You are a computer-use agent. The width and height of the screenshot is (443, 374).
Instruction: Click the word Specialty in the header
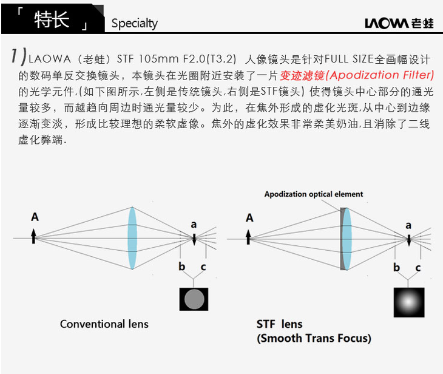[x=134, y=24]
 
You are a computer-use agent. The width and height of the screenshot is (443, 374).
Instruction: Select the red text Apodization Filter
[x=382, y=75]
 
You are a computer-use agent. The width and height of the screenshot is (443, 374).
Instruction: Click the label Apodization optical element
[x=314, y=194]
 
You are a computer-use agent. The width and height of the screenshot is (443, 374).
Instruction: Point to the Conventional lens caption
[x=104, y=324]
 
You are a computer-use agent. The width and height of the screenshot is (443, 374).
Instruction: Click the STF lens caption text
[x=279, y=324]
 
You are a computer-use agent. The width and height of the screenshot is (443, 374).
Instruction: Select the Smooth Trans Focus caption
[x=314, y=338]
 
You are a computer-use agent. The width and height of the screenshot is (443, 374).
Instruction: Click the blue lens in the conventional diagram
[x=132, y=237]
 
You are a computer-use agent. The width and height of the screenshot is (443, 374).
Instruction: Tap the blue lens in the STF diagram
[x=347, y=237]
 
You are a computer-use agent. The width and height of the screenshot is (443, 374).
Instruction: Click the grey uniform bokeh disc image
[x=194, y=299]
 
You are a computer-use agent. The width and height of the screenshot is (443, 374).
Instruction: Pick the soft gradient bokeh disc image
[x=408, y=299]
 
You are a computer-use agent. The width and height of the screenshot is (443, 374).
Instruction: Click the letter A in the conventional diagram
[x=35, y=217]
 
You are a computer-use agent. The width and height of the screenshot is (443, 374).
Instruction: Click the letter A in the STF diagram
[x=249, y=217]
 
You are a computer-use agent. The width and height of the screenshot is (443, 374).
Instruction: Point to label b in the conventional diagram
[x=181, y=267]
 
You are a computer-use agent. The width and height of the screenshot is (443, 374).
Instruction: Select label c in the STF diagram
[x=418, y=267]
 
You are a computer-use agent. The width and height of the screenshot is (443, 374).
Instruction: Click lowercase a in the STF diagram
[x=408, y=225]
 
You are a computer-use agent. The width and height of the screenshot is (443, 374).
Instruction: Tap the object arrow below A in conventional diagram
[x=35, y=236]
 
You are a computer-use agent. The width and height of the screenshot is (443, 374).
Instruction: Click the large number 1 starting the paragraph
[x=16, y=56]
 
